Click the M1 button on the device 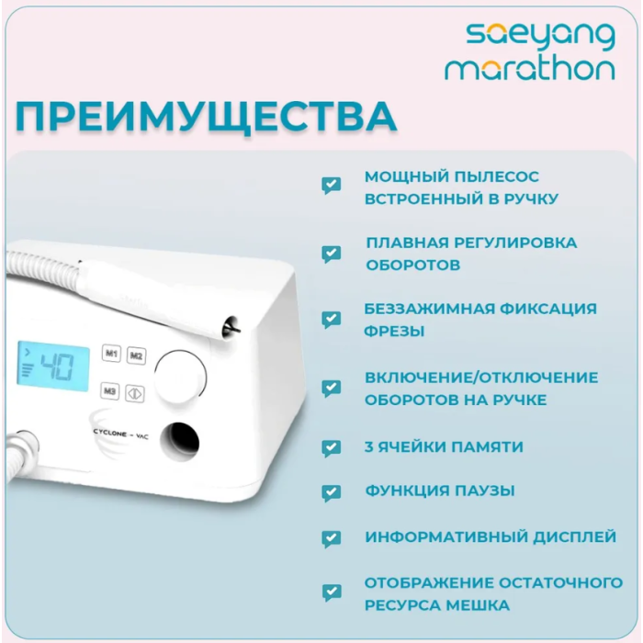(x=111, y=353)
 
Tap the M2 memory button (x=136, y=355)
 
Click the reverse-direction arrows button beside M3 (x=135, y=394)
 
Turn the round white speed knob (x=180, y=377)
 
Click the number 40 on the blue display (x=57, y=367)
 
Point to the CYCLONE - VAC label (x=120, y=434)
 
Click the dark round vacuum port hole (x=180, y=442)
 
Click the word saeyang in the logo (x=540, y=36)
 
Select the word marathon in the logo (x=530, y=69)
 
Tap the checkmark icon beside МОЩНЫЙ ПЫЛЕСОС (x=332, y=186)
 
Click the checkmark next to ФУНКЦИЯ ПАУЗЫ (x=332, y=493)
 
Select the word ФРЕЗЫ (x=394, y=331)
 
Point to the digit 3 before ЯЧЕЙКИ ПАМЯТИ (x=368, y=446)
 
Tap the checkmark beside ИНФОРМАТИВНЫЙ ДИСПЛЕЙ (x=332, y=539)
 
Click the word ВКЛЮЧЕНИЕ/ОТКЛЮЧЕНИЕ (x=481, y=378)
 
